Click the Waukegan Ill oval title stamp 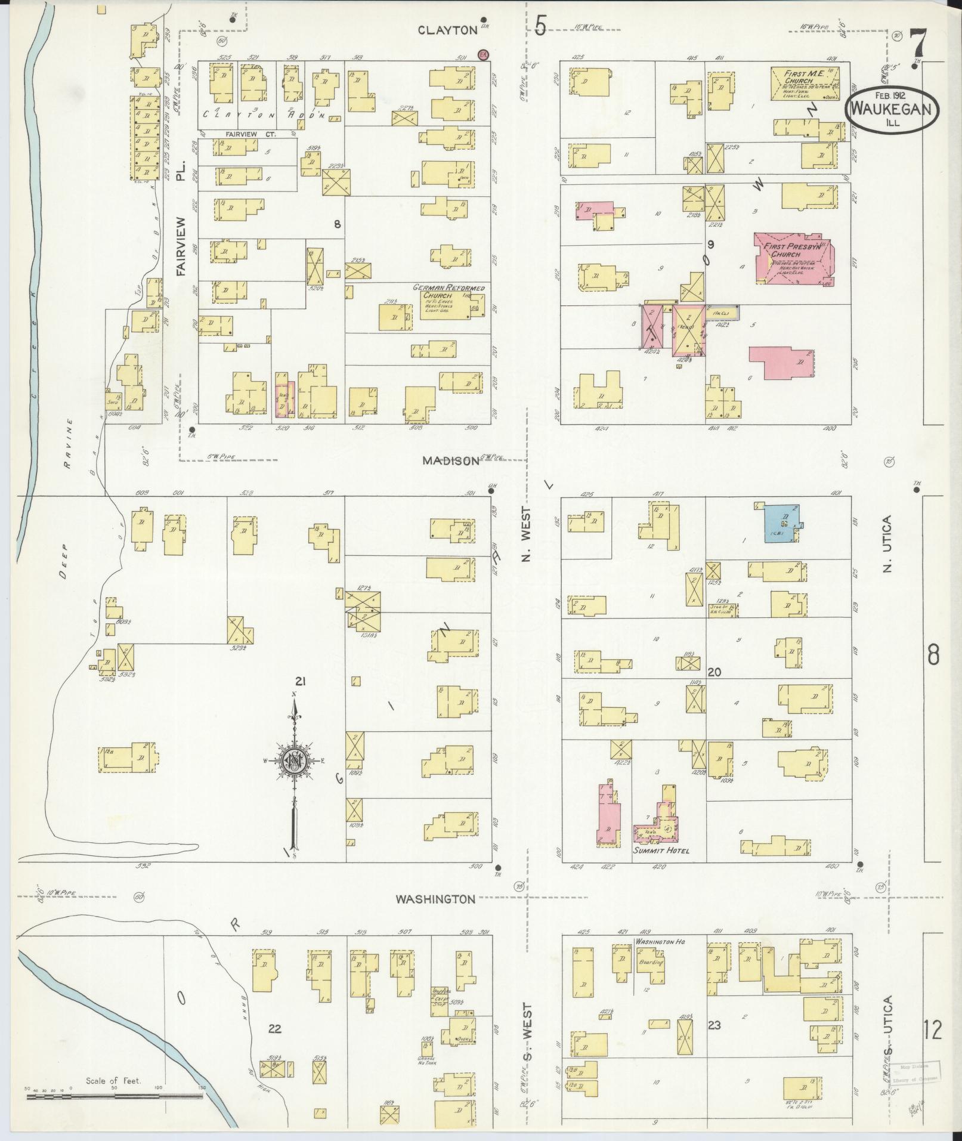coord(892,111)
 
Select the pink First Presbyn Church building coord(793,258)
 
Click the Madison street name coord(451,460)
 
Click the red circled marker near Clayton coord(484,55)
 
